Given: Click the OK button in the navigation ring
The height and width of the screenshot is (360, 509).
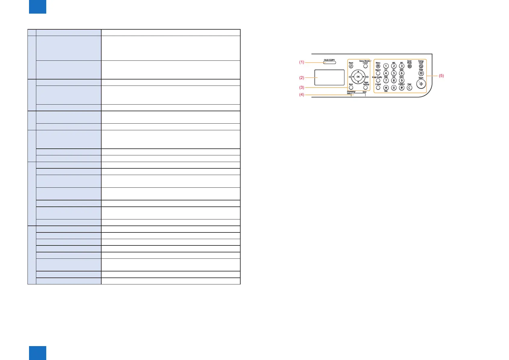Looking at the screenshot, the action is [x=358, y=77].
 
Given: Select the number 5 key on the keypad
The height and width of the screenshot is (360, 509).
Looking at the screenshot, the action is [x=394, y=73].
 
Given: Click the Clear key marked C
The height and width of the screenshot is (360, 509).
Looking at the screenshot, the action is [x=410, y=88].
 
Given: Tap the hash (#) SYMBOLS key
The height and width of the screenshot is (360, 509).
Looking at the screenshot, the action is [x=402, y=88].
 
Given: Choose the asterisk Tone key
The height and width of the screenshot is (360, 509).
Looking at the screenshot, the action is [x=386, y=88].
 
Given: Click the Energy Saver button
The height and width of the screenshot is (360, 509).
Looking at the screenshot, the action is [x=421, y=66].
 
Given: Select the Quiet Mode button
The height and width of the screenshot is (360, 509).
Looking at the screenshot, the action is [x=410, y=66].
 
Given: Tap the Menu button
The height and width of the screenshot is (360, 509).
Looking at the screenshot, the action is [x=378, y=66].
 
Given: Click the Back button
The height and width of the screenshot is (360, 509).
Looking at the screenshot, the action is [x=351, y=88].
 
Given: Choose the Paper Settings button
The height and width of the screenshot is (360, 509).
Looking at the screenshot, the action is [x=365, y=88].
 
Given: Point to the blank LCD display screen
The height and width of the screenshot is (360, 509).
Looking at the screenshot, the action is [x=329, y=77].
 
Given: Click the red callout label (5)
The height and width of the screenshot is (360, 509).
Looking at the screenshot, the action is [x=441, y=76].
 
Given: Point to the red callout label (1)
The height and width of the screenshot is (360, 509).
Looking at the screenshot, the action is [x=302, y=62].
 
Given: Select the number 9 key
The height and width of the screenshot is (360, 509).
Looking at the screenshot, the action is [x=402, y=80].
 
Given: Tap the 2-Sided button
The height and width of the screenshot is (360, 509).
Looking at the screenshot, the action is [x=378, y=88].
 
